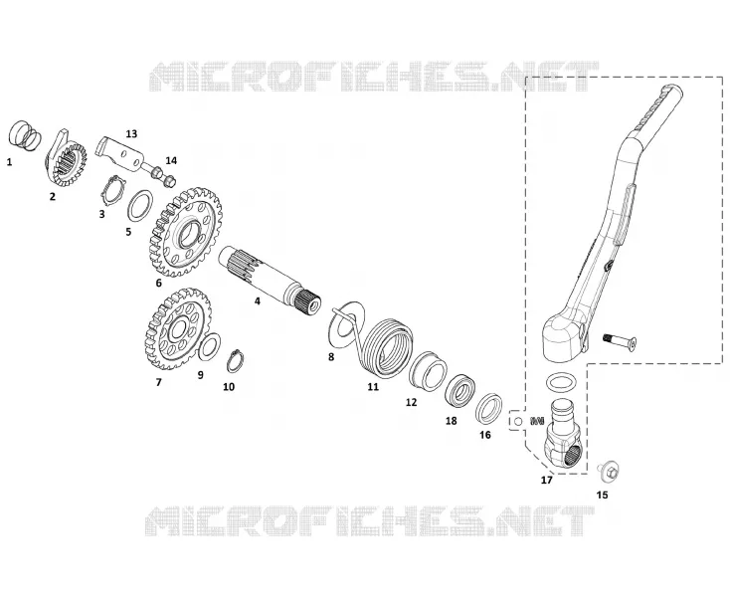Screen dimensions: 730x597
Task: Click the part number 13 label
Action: [x=131, y=134]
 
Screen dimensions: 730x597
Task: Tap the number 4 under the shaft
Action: [x=257, y=301]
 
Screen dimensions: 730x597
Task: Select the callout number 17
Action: [x=547, y=480]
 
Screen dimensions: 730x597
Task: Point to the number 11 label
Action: [x=373, y=386]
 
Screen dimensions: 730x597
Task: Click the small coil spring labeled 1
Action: [x=25, y=136]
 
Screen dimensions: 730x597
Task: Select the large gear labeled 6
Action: [x=186, y=232]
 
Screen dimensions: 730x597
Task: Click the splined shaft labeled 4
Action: [x=271, y=280]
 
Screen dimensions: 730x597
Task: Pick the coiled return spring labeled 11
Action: [x=387, y=347]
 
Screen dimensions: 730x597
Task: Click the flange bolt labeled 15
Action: [x=608, y=473]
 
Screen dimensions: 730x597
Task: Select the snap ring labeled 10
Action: [x=234, y=361]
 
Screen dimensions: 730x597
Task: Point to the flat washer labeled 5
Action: [x=140, y=206]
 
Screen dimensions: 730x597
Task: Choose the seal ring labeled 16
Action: [x=489, y=409]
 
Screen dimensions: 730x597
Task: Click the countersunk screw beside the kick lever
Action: [x=620, y=342]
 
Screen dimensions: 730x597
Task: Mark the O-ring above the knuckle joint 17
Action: [x=561, y=383]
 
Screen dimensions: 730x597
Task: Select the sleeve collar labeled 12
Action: [x=428, y=371]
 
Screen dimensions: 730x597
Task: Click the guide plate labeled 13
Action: [x=120, y=154]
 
